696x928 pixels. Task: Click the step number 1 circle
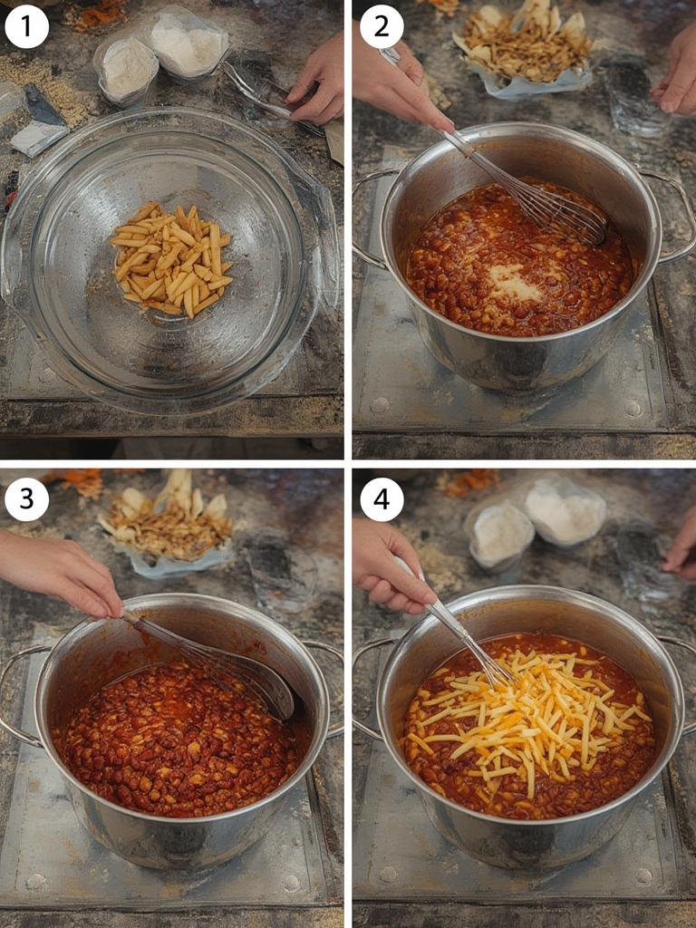26,27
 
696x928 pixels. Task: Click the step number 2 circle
382,27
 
